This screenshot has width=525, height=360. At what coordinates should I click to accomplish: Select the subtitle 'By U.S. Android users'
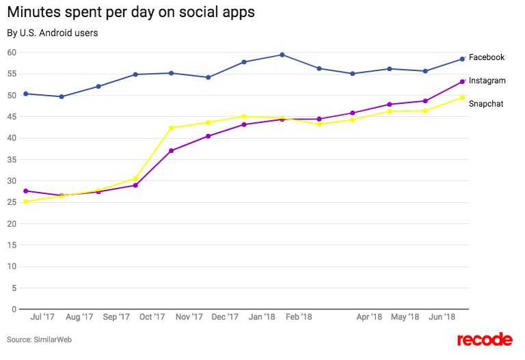(53, 33)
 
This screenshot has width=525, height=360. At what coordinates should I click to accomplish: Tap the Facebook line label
(487, 57)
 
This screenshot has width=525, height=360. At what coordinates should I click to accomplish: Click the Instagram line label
(487, 81)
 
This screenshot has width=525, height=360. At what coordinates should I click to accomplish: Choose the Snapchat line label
(486, 104)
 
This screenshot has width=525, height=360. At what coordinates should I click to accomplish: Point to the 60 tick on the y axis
(12, 53)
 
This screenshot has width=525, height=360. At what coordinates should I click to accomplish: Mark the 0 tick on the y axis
(14, 309)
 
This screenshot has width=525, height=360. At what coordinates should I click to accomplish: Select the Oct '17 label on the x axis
(152, 317)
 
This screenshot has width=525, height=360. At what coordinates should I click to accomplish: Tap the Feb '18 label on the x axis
(299, 317)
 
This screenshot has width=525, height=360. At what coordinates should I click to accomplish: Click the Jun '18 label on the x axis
(442, 317)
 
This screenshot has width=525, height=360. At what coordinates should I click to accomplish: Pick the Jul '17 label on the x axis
(43, 317)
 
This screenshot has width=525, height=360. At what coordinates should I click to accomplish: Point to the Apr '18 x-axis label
(369, 317)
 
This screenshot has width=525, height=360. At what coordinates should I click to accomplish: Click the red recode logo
(484, 340)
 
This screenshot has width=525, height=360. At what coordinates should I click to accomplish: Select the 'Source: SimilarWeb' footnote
(40, 340)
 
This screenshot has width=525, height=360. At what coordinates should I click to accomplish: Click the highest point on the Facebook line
(282, 55)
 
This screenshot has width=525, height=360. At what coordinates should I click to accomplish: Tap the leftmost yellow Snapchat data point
(25, 202)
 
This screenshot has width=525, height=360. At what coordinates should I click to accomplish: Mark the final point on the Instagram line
(462, 82)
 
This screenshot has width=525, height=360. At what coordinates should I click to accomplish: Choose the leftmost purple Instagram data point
(25, 191)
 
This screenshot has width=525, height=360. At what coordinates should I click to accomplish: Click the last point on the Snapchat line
(462, 98)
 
